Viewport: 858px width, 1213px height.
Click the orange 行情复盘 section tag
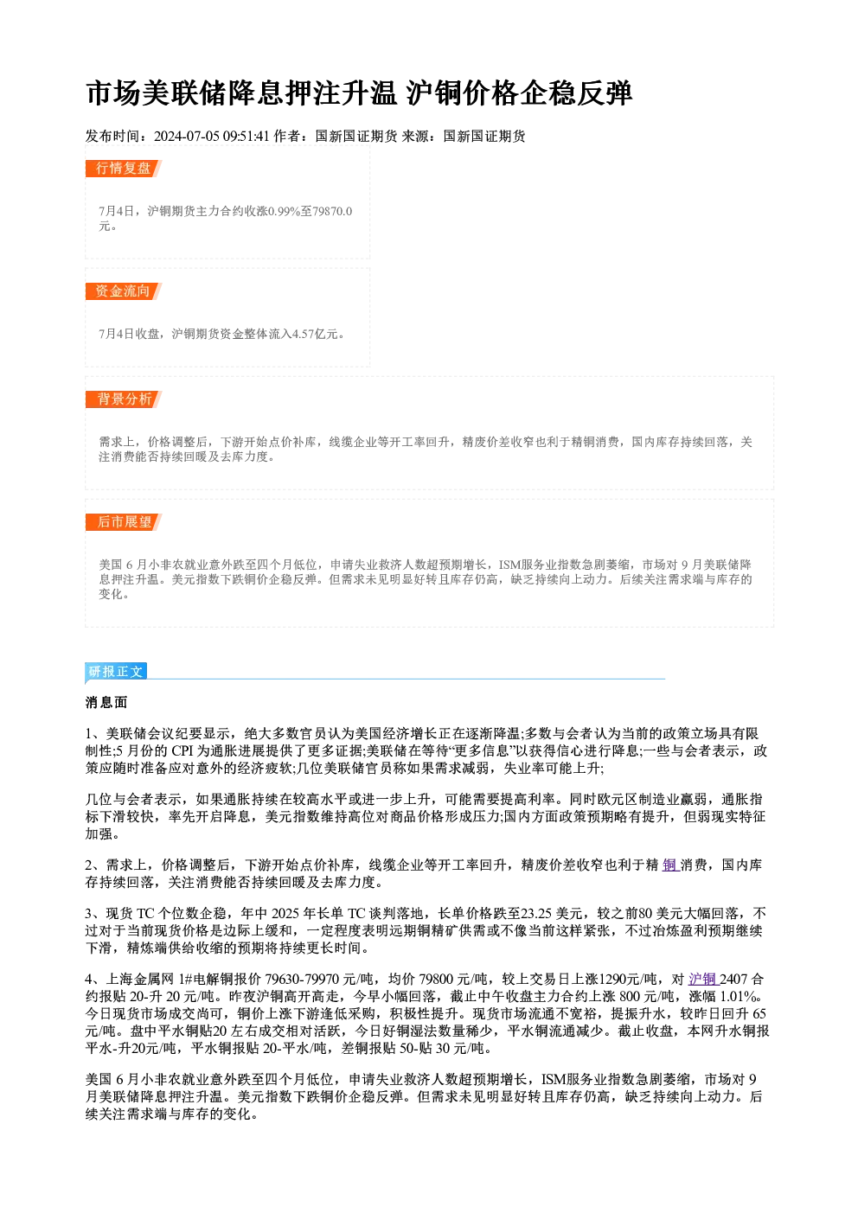(x=123, y=169)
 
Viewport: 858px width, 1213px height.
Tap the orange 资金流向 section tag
(x=123, y=291)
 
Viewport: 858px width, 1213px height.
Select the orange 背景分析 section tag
(x=123, y=399)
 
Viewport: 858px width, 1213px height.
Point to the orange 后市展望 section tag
(x=123, y=522)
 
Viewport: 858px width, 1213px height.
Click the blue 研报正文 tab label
(x=116, y=672)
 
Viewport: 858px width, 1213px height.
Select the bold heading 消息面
(x=106, y=703)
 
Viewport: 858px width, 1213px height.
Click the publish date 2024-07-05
(x=187, y=136)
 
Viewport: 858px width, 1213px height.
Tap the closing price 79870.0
(x=333, y=211)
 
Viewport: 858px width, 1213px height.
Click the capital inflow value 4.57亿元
(x=315, y=334)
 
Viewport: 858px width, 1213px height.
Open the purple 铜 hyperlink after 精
(x=670, y=865)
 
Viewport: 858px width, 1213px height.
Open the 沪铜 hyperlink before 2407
(x=702, y=980)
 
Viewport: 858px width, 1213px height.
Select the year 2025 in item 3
(x=285, y=914)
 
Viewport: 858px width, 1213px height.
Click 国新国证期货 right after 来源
(x=484, y=136)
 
